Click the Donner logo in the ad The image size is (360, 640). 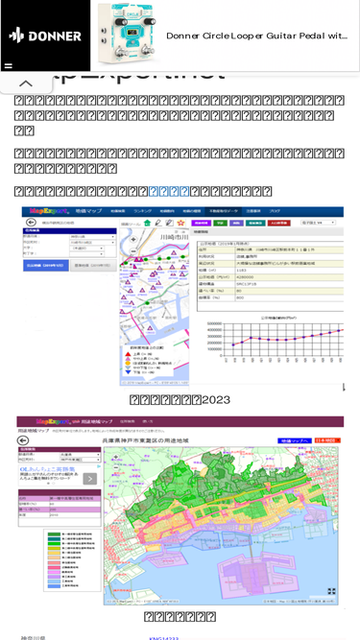point(45,36)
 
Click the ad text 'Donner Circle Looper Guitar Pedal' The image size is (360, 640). point(256,36)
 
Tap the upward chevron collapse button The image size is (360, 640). point(27,84)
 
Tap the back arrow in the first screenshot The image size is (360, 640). point(28,221)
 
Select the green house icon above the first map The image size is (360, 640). point(146,222)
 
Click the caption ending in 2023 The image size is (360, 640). point(180,399)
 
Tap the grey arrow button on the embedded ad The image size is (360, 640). point(89,479)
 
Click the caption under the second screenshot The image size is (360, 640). point(180,616)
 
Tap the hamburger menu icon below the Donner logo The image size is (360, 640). point(9,66)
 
